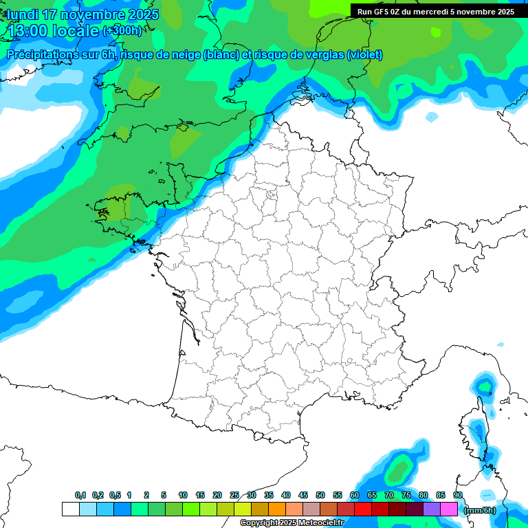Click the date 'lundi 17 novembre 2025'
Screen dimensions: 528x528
click(x=82, y=14)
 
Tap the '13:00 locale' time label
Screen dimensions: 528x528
click(x=54, y=30)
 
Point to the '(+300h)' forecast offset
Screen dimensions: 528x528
click(x=122, y=31)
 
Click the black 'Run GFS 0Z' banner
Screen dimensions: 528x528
click(x=435, y=11)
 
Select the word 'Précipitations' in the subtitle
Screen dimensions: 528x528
click(x=42, y=55)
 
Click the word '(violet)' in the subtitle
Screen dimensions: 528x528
click(x=364, y=55)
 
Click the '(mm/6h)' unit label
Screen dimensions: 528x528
click(x=480, y=509)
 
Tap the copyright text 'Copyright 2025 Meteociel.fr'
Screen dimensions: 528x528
click(x=291, y=523)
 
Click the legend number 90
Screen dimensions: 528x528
click(x=457, y=495)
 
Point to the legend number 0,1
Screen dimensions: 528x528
click(x=80, y=495)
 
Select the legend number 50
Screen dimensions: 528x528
click(x=320, y=495)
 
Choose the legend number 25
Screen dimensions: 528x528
click(x=234, y=495)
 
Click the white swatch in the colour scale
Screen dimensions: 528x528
click(x=70, y=509)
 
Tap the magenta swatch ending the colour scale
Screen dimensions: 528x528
click(x=449, y=509)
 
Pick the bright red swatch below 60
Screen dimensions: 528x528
click(x=363, y=509)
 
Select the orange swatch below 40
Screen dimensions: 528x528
click(x=277, y=509)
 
